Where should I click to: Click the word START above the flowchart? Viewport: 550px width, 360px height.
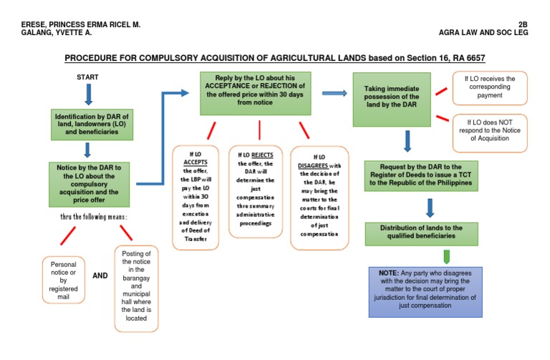[87, 77]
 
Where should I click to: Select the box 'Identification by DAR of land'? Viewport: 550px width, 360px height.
[90, 123]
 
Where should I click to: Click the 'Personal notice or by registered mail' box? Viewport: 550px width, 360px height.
[63, 280]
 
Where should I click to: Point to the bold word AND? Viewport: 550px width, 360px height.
[100, 276]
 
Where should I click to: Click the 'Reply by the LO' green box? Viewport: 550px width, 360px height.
[256, 93]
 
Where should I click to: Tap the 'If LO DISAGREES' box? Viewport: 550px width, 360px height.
[319, 198]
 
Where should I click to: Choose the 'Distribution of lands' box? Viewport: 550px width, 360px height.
[424, 233]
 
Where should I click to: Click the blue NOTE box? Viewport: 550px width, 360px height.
[425, 291]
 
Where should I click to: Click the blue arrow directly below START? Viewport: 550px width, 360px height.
[88, 94]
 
